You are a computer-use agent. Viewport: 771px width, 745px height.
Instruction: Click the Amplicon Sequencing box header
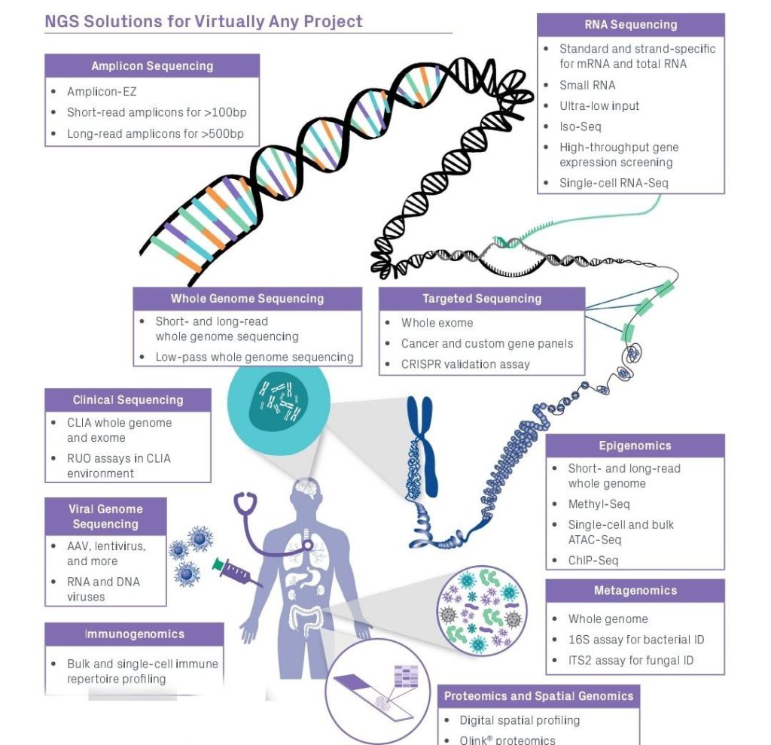click(152, 65)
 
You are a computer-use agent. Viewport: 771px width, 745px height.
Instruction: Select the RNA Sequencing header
click(630, 25)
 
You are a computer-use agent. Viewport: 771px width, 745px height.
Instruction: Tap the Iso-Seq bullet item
click(580, 126)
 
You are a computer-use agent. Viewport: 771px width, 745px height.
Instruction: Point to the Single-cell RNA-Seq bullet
click(614, 182)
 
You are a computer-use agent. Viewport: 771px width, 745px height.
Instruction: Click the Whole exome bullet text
click(437, 323)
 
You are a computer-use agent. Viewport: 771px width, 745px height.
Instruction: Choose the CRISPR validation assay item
click(465, 364)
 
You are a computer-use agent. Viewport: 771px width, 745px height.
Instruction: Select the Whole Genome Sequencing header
click(247, 299)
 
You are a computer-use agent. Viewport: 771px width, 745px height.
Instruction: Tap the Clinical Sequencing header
click(128, 400)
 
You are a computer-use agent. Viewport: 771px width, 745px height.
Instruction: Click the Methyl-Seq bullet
click(599, 504)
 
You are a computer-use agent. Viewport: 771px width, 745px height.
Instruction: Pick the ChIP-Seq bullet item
click(593, 561)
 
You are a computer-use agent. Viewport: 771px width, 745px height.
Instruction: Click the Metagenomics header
click(635, 591)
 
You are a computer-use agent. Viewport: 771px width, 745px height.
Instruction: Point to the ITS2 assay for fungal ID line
click(631, 661)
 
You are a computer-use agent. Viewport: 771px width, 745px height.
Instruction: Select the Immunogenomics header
click(134, 634)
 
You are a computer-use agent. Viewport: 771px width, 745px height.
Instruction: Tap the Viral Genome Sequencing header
click(105, 516)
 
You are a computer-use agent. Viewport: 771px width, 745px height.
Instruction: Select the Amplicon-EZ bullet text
click(102, 92)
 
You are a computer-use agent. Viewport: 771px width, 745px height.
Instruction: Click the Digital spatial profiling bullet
click(520, 720)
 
